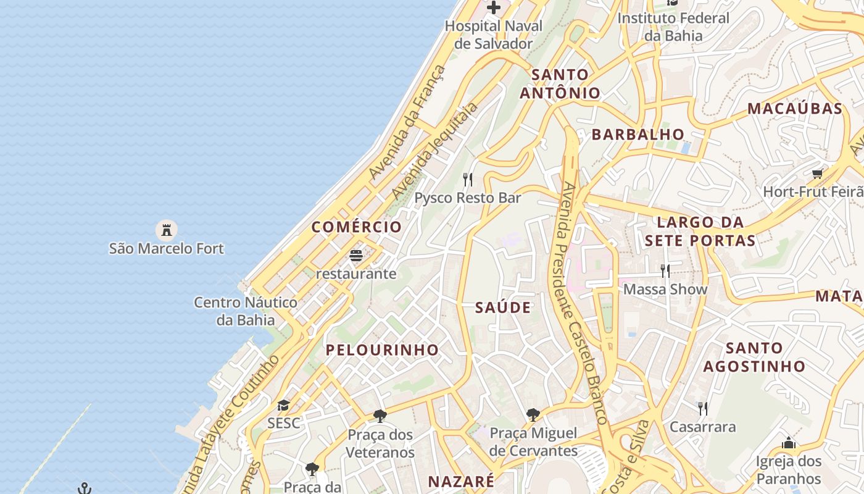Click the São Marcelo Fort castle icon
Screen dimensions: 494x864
pyautogui.click(x=165, y=230)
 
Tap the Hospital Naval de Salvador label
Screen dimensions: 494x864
pyautogui.click(x=494, y=35)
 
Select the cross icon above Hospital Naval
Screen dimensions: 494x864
pyautogui.click(x=494, y=8)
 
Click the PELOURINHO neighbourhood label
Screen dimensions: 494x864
pyautogui.click(x=382, y=350)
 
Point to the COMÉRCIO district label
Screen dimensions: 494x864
pyautogui.click(x=357, y=227)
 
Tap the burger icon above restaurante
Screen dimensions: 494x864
pyautogui.click(x=356, y=255)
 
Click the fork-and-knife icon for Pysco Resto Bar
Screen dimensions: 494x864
pyautogui.click(x=468, y=180)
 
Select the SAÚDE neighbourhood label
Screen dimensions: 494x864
pyautogui.click(x=503, y=308)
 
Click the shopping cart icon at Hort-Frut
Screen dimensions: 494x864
pyautogui.click(x=818, y=174)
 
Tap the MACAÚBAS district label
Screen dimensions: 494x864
pyautogui.click(x=795, y=109)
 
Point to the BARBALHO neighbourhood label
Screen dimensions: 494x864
pyautogui.click(x=638, y=135)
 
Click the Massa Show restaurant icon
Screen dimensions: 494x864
pyautogui.click(x=665, y=270)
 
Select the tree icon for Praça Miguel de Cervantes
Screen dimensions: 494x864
pyautogui.click(x=533, y=415)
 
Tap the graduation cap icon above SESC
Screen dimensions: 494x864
pyautogui.click(x=283, y=405)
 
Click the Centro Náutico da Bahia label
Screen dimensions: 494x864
pyautogui.click(x=246, y=311)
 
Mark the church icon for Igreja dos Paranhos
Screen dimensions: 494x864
pyautogui.click(x=789, y=443)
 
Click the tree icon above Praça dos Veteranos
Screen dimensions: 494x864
pyautogui.click(x=380, y=416)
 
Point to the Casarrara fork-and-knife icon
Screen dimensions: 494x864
pyautogui.click(x=702, y=408)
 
